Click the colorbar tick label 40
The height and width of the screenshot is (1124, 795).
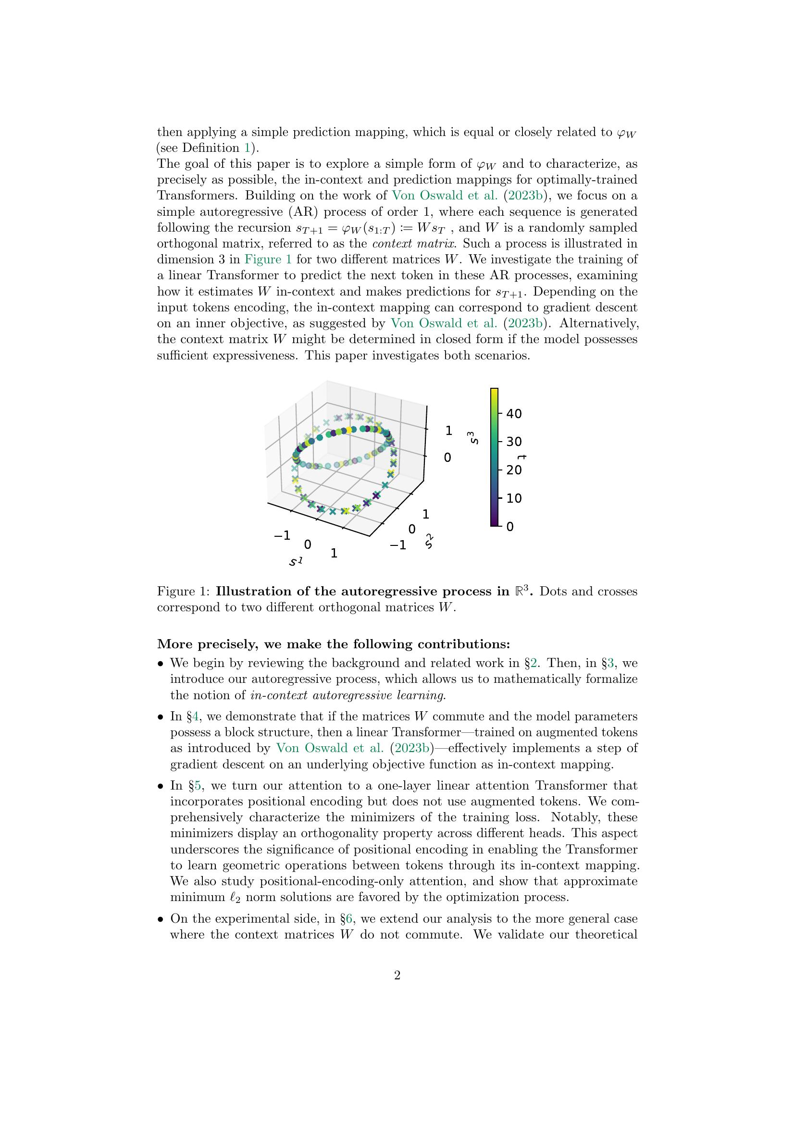513,414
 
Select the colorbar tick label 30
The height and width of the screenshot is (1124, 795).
513,442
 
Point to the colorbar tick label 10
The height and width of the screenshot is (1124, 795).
513,498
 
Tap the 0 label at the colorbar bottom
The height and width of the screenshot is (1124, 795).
509,527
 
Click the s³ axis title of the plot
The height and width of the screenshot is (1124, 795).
473,437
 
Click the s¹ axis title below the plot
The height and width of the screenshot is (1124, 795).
296,561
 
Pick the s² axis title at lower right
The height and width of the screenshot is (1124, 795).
430,541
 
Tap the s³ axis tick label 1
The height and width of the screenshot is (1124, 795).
448,431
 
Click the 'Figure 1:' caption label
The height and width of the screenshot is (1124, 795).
184,592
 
